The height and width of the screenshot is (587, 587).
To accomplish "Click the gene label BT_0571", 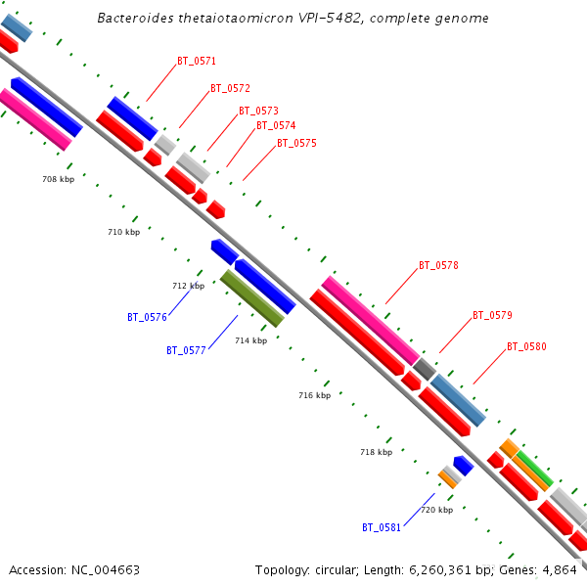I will pyautogui.click(x=197, y=61).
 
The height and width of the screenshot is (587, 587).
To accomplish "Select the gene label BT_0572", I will pyautogui.click(x=230, y=88).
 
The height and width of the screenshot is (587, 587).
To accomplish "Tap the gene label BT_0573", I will pyautogui.click(x=258, y=111).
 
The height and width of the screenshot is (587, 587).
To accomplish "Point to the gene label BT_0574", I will pyautogui.click(x=276, y=125).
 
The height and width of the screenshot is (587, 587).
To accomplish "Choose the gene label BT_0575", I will pyautogui.click(x=296, y=143).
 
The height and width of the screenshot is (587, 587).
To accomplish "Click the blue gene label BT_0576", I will pyautogui.click(x=147, y=317).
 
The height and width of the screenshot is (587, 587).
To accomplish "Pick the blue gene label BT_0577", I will pyautogui.click(x=186, y=349).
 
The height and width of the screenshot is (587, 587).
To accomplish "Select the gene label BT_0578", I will pyautogui.click(x=438, y=265).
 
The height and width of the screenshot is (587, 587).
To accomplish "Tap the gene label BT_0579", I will pyautogui.click(x=492, y=315).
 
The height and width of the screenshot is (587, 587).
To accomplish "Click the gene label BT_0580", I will pyautogui.click(x=526, y=346).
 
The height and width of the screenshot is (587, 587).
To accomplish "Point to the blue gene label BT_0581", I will pyautogui.click(x=382, y=527).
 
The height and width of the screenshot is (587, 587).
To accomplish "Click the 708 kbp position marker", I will pyautogui.click(x=58, y=179).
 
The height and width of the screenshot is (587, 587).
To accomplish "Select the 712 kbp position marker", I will pyautogui.click(x=188, y=286).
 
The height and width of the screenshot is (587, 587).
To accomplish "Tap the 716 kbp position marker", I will pyautogui.click(x=314, y=395).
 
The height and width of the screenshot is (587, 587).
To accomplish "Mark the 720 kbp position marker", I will pyautogui.click(x=436, y=510).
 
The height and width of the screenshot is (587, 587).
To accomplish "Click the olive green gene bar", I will pyautogui.click(x=252, y=298).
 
